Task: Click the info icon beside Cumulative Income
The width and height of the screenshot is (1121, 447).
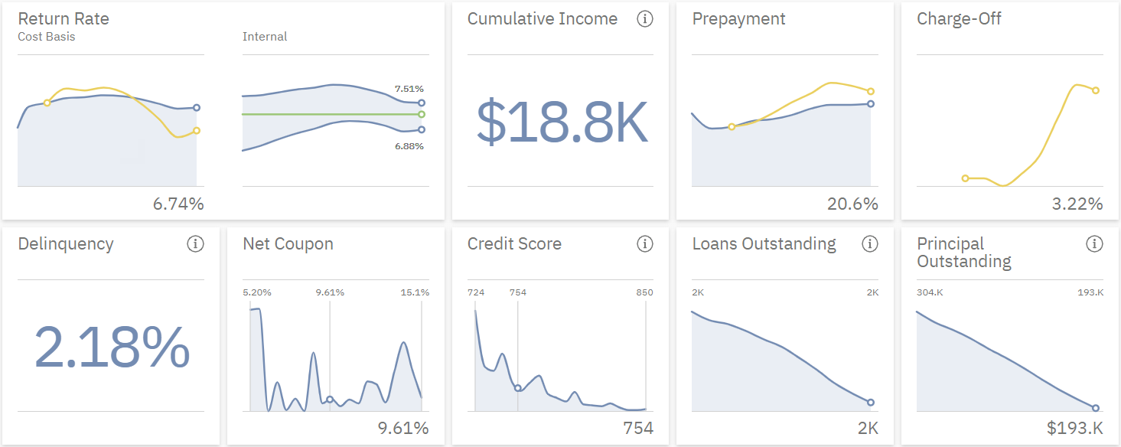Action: [x=645, y=19]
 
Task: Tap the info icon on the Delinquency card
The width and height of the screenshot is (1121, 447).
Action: [x=195, y=244]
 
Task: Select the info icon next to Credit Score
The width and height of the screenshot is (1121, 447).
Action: [x=645, y=244]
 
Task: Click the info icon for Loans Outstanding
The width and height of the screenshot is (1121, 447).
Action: [x=869, y=244]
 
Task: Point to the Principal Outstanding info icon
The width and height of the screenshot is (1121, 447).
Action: [x=1094, y=244]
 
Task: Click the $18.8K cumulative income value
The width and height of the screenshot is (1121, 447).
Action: [x=562, y=122]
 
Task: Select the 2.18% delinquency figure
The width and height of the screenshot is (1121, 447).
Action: [x=112, y=347]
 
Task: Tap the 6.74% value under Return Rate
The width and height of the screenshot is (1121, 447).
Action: [x=178, y=204]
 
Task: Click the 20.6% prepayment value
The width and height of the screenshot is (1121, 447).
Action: [x=852, y=204]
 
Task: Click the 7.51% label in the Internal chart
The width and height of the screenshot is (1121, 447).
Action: [x=409, y=89]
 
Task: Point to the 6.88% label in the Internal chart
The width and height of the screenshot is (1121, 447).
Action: [x=409, y=145]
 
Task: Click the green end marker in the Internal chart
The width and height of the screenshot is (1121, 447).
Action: [x=422, y=114]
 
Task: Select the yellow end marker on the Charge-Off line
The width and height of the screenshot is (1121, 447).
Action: [x=1095, y=90]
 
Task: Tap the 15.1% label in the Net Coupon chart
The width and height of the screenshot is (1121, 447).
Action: [x=414, y=292]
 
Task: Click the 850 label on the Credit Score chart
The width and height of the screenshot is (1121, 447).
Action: [x=645, y=292]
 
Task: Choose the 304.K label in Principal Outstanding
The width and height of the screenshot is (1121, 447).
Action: [x=930, y=292]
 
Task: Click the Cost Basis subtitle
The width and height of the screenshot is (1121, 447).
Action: [x=47, y=36]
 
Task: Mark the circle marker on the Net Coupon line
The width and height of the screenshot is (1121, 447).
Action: [x=330, y=400]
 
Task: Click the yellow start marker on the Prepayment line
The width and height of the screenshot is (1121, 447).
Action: [x=732, y=127]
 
